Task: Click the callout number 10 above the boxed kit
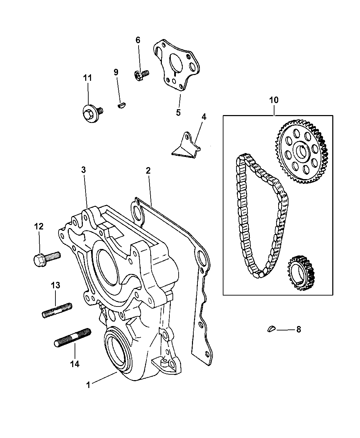pyautogui.click(x=274, y=100)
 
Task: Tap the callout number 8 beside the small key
pyautogui.click(x=299, y=330)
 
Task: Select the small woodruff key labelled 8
pyautogui.click(x=271, y=329)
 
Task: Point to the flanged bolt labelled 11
pyautogui.click(x=91, y=111)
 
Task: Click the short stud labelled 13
pyautogui.click(x=57, y=310)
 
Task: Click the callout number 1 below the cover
pyautogui.click(x=88, y=385)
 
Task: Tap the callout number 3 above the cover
pyautogui.click(x=84, y=170)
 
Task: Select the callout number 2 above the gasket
pyautogui.click(x=148, y=170)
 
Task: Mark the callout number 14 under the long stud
pyautogui.click(x=75, y=364)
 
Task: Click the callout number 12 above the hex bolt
pyautogui.click(x=39, y=226)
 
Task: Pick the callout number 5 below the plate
pyautogui.click(x=178, y=112)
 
